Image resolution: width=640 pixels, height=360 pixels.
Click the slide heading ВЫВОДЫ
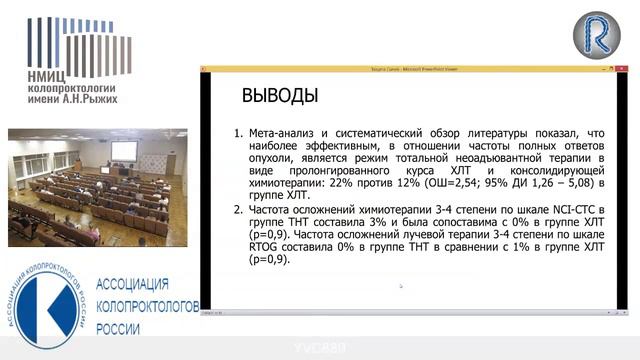point(280,97)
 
